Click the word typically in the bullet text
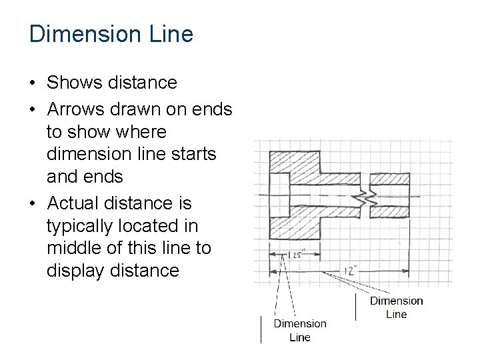click(80, 225)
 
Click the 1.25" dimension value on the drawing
click(297, 255)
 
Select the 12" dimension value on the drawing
click(351, 271)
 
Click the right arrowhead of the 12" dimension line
click(407, 271)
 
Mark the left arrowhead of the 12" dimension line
click(273, 271)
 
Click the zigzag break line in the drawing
click(369, 196)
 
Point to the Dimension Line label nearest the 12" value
click(396, 307)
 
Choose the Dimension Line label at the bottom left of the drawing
click(300, 330)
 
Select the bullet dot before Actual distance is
click(32, 203)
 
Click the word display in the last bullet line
click(71, 271)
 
